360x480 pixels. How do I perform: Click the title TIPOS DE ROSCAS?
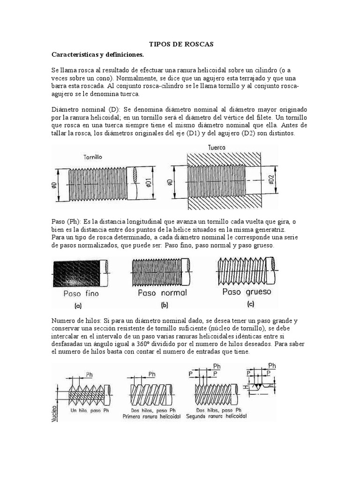point(181,44)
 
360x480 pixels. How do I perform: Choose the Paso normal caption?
point(162,292)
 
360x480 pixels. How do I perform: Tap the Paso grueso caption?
point(242,292)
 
